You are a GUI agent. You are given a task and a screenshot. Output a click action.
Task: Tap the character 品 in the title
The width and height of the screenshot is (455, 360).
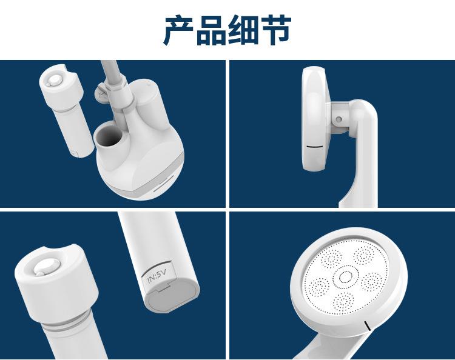[211, 30]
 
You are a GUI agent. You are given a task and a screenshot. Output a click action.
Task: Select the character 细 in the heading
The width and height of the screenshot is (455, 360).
[244, 30]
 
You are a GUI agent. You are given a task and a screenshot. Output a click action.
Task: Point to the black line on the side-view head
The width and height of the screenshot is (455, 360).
[314, 146]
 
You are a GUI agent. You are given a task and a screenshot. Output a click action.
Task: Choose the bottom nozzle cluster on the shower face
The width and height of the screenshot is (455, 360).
[343, 302]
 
